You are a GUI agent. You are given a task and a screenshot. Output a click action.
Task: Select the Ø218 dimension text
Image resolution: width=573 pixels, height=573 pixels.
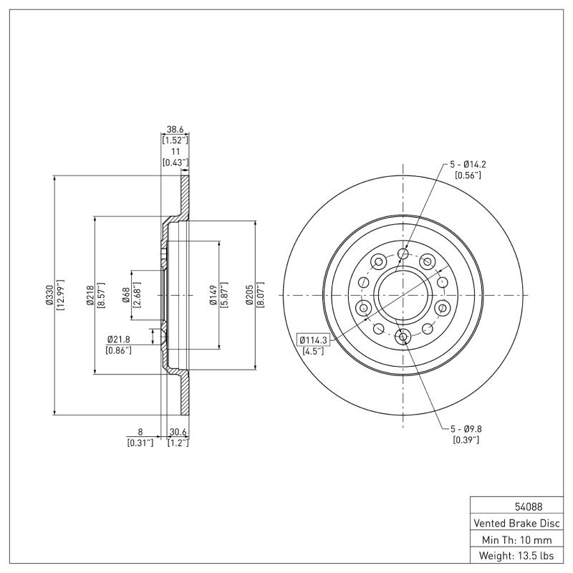(x=90, y=294)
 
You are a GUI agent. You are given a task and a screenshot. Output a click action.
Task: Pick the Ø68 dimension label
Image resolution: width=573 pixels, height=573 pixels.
(x=126, y=294)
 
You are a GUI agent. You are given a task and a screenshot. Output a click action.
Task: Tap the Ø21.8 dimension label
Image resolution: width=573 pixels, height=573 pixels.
(x=118, y=339)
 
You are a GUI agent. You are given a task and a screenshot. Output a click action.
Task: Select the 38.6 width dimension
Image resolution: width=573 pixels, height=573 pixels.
(x=175, y=130)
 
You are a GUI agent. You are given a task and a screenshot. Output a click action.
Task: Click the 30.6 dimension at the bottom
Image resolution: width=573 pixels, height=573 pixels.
(x=178, y=432)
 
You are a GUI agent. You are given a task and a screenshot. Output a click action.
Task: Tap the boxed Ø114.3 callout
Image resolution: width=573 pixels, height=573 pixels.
(x=312, y=340)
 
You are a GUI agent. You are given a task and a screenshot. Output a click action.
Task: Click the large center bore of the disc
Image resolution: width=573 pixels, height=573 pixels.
(x=403, y=294)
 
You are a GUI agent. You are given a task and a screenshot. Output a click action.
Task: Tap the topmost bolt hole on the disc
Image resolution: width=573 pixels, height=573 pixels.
(x=403, y=254)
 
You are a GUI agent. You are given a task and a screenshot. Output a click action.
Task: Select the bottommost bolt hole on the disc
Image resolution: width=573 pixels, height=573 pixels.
(x=403, y=337)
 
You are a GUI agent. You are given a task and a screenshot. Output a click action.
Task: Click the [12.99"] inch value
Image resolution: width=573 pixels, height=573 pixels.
(x=60, y=294)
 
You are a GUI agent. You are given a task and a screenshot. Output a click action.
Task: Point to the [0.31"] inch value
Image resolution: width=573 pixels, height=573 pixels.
(x=140, y=443)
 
